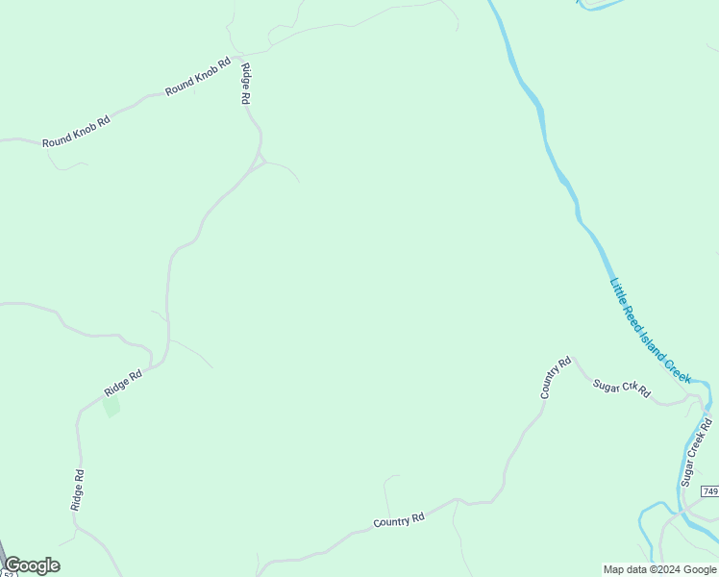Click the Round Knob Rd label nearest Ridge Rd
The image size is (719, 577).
point(198,77)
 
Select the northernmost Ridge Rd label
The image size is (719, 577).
point(246,84)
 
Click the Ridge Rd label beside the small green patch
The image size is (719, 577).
point(123,382)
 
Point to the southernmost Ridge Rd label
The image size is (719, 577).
point(79,489)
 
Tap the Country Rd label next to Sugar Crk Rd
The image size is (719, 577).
point(556,378)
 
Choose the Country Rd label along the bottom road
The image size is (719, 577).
point(399,520)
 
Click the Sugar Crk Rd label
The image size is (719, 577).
point(621,388)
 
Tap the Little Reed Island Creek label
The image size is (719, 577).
point(651,331)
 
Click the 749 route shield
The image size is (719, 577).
point(710,491)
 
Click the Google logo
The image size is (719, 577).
point(32,565)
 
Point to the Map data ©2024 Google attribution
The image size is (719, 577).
point(659,569)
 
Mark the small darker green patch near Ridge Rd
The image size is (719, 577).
point(112,406)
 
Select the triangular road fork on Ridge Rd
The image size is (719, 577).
point(260,160)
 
